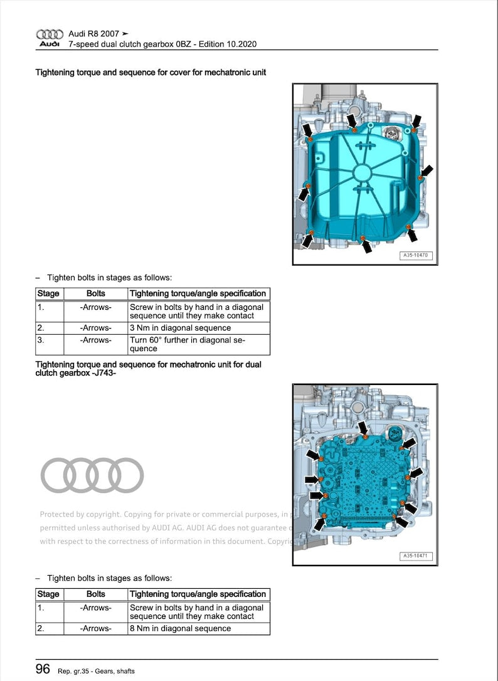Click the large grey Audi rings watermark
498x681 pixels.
click(x=92, y=475)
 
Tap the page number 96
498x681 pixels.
click(x=43, y=669)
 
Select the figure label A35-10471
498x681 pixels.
click(x=416, y=556)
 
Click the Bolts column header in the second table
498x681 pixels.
click(x=95, y=594)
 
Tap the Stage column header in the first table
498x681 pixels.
click(x=49, y=293)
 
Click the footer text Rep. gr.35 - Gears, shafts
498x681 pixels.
click(x=96, y=671)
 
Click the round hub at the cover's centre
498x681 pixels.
click(x=363, y=173)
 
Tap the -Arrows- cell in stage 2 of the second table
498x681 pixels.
click(x=95, y=628)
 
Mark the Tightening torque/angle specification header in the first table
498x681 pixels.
click(x=198, y=293)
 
